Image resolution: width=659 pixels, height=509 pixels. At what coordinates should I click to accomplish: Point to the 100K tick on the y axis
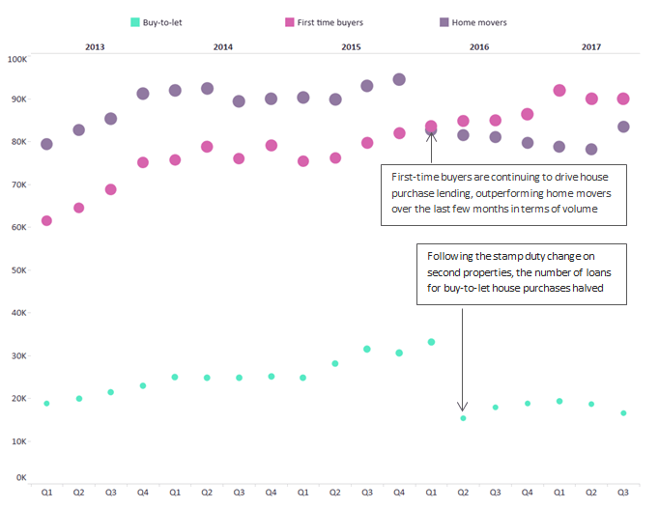pyautogui.click(x=17, y=59)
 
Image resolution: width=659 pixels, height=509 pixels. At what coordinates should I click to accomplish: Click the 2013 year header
pyautogui.click(x=95, y=45)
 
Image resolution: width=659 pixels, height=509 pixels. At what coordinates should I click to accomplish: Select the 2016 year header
pyautogui.click(x=479, y=45)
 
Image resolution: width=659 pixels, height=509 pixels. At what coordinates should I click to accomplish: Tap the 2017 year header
pyautogui.click(x=591, y=45)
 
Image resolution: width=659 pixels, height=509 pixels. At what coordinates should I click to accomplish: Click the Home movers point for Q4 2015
pyautogui.click(x=399, y=79)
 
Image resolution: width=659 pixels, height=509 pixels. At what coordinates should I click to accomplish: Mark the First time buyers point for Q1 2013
pyautogui.click(x=46, y=221)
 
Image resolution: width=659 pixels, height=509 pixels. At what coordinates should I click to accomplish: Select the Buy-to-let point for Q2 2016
pyautogui.click(x=463, y=418)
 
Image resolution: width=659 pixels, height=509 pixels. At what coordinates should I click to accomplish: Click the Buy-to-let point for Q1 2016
pyautogui.click(x=431, y=342)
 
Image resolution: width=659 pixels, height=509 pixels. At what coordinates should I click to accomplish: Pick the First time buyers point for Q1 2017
pyautogui.click(x=559, y=90)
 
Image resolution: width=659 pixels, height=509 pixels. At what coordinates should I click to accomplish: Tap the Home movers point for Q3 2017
pyautogui.click(x=623, y=127)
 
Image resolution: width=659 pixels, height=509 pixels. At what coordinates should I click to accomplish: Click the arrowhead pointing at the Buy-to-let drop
pyautogui.click(x=462, y=407)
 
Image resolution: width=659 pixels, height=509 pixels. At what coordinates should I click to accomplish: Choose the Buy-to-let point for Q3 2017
pyautogui.click(x=623, y=412)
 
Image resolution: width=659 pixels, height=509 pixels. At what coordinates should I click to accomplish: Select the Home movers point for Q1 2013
pyautogui.click(x=46, y=144)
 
